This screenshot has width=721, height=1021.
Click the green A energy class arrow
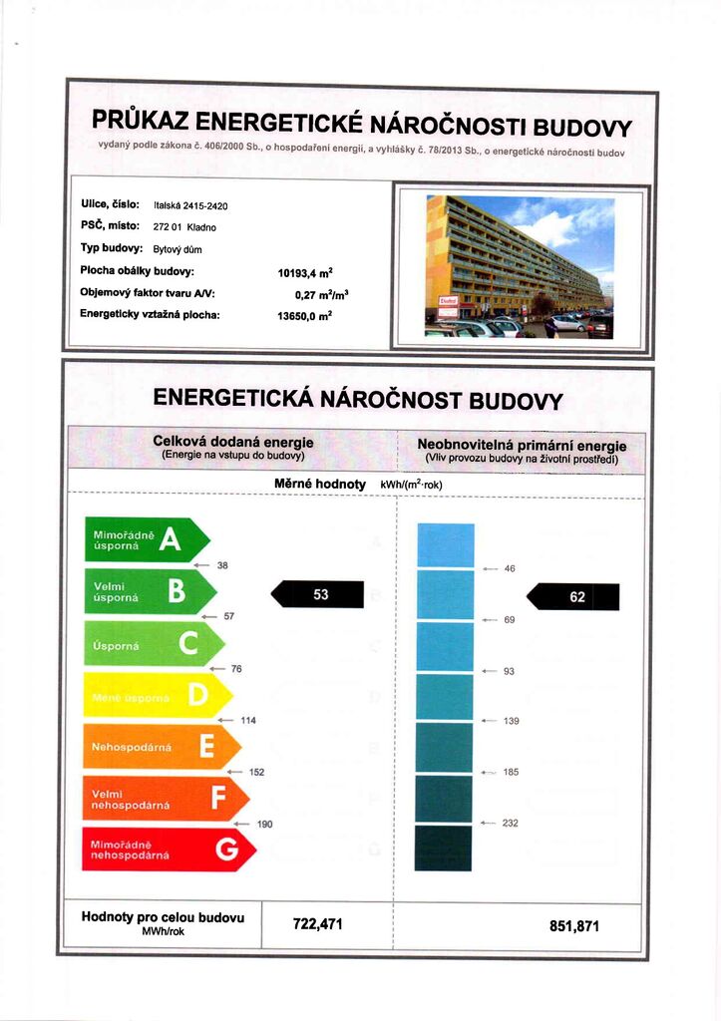tap(146, 540)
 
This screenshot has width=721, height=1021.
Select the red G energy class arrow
tap(170, 850)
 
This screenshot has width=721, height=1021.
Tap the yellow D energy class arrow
tap(158, 696)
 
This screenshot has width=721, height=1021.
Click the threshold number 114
tap(248, 720)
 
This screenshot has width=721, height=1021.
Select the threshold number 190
tap(264, 824)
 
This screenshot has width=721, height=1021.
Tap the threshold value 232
tap(511, 823)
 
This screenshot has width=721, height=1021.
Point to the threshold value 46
tap(510, 568)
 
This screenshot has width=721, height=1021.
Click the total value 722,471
tap(317, 924)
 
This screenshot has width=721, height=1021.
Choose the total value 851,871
tap(574, 926)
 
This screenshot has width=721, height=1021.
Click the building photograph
tap(519, 266)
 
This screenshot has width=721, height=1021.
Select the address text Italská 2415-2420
tap(190, 206)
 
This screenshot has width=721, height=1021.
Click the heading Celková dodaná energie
tap(232, 442)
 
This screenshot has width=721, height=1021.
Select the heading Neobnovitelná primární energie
tap(522, 445)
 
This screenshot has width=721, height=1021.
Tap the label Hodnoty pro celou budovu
tap(162, 917)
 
